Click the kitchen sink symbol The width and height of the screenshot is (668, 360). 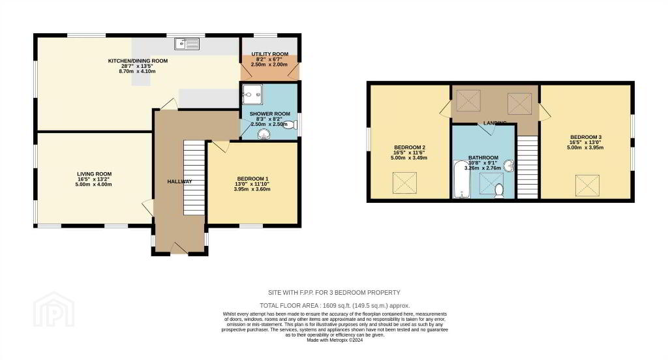187,44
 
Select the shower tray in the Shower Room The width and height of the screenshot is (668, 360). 252,94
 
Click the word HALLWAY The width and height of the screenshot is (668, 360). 179,181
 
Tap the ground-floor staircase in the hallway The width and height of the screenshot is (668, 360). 194,177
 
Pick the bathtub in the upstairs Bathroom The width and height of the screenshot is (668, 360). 461,179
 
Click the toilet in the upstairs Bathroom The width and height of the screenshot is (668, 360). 499,191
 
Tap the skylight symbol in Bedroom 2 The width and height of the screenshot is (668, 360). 404,183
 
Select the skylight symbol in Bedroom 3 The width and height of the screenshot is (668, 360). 588,186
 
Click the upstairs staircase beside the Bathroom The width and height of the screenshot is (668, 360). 527,167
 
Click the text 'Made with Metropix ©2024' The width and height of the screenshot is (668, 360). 335,340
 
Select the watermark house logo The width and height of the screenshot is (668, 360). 54,309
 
